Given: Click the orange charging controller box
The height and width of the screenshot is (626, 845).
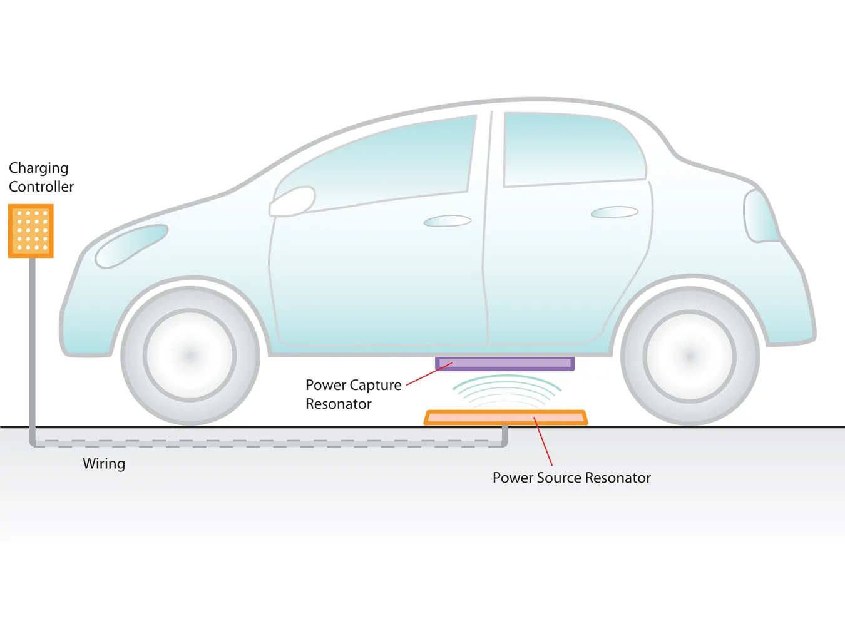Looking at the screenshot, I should tap(31, 230).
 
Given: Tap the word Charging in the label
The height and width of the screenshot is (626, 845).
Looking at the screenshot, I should tap(38, 168).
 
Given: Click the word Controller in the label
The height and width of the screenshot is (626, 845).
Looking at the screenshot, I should tap(41, 187).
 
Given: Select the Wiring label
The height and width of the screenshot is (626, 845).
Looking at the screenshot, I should tap(104, 464).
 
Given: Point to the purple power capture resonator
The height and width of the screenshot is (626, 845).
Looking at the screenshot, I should tap(505, 364).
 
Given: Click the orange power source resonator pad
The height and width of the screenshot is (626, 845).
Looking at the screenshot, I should tap(505, 418).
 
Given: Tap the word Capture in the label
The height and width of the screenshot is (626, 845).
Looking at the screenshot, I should tap(376, 386).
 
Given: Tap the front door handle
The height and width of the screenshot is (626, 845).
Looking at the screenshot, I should tap(447, 221).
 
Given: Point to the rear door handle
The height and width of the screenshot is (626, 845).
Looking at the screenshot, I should tap(614, 213).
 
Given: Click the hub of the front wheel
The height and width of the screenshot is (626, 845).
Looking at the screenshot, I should tap(190, 356).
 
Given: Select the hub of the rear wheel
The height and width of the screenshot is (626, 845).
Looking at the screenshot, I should tap(690, 356).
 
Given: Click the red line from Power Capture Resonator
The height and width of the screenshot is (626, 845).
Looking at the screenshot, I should tap(429, 374).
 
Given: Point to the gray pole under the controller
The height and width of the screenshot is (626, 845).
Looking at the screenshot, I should tap(33, 344).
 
